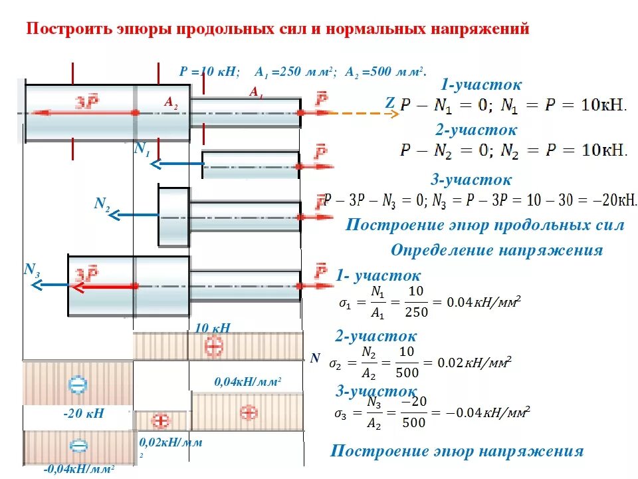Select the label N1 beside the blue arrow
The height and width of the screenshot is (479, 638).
142,150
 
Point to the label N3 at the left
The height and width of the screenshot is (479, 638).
32,269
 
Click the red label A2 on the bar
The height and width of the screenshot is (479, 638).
171,102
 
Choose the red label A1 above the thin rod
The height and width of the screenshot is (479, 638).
256,93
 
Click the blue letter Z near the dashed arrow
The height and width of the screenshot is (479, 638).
389,103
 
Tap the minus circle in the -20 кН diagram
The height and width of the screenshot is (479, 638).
78,384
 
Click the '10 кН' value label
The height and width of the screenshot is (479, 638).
213,327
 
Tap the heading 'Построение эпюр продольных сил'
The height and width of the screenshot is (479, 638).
484,225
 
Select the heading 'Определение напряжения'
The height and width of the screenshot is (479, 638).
496,250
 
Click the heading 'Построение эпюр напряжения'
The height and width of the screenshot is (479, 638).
457,451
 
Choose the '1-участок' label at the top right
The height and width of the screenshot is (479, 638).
481,84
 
